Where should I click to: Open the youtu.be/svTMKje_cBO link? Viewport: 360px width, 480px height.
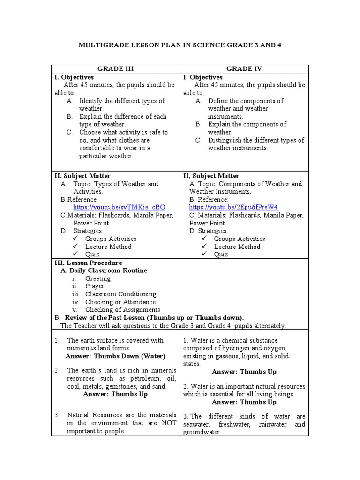click(x=119, y=207)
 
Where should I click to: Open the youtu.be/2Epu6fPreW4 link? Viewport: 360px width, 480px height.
click(x=233, y=207)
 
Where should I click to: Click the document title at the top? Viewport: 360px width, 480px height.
click(x=180, y=45)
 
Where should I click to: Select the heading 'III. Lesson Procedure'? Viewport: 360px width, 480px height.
click(x=89, y=262)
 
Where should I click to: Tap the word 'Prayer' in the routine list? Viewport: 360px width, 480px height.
click(x=95, y=286)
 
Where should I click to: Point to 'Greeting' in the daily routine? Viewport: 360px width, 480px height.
click(x=97, y=278)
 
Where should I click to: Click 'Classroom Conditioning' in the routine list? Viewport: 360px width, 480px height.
click(x=120, y=294)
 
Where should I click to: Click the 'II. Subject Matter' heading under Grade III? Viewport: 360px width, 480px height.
click(x=82, y=176)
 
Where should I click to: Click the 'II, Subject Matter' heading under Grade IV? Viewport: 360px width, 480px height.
click(x=211, y=176)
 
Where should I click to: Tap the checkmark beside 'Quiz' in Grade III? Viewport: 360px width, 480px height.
click(x=76, y=254)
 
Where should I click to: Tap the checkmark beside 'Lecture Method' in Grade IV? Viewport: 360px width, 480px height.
click(x=204, y=247)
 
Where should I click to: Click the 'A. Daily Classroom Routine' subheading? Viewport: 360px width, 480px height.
click(x=104, y=270)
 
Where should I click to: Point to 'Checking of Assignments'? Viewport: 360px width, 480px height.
click(x=122, y=309)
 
